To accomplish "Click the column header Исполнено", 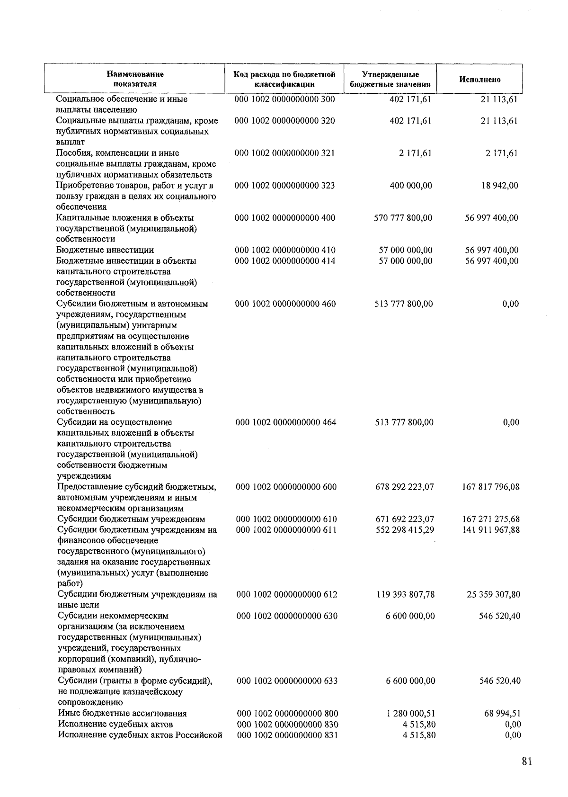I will pyautogui.click(x=479, y=80).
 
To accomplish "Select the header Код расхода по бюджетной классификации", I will pyautogui.click(x=284, y=79).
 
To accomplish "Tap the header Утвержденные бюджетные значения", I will pyautogui.click(x=390, y=79).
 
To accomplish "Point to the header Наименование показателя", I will pyautogui.click(x=135, y=79).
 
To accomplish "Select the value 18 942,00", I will pyautogui.click(x=500, y=185).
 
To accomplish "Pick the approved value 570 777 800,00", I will pyautogui.click(x=403, y=218).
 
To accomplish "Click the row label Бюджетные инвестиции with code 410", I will pyautogui.click(x=105, y=250).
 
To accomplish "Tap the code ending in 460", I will pyautogui.click(x=285, y=304).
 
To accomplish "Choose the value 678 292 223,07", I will pyautogui.click(x=404, y=486).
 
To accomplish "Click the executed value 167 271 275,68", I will pyautogui.click(x=491, y=519).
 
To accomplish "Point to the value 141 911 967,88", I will pyautogui.click(x=491, y=529).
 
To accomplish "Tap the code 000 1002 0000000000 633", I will pyautogui.click(x=287, y=681).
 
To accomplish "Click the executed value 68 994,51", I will pyautogui.click(x=502, y=713).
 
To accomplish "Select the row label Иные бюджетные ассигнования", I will pyautogui.click(x=122, y=713).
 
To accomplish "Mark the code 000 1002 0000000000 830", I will pyautogui.click(x=287, y=724).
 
